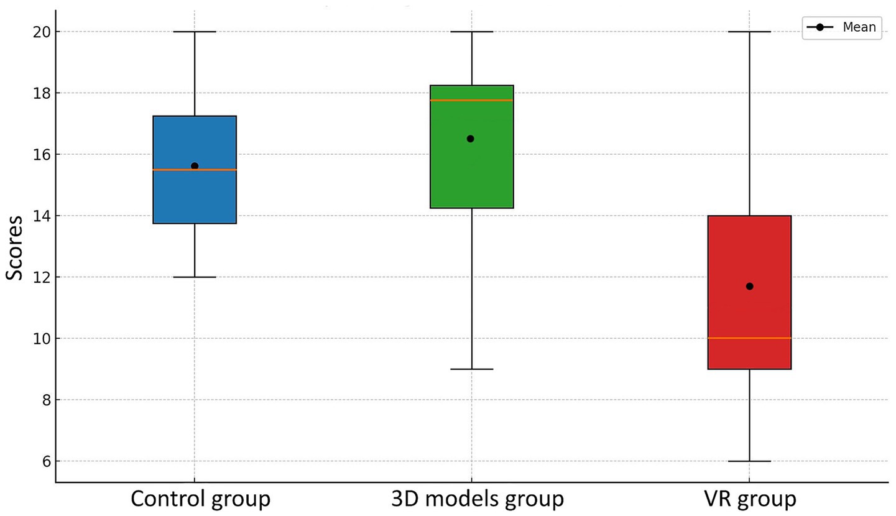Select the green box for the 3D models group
pyautogui.click(x=472, y=174)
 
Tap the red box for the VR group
pyautogui.click(x=749, y=249)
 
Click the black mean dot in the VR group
pyautogui.click(x=749, y=286)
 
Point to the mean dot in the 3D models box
pyautogui.click(x=470, y=139)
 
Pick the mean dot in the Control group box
pyautogui.click(x=195, y=166)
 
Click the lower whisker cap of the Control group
pyautogui.click(x=195, y=277)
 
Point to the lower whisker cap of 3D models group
pyautogui.click(x=472, y=369)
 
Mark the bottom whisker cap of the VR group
pyautogui.click(x=749, y=461)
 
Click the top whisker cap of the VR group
pyautogui.click(x=749, y=31)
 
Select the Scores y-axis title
pyautogui.click(x=15, y=247)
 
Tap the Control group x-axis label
pyautogui.click(x=200, y=499)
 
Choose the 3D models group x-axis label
pyautogui.click(x=477, y=499)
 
